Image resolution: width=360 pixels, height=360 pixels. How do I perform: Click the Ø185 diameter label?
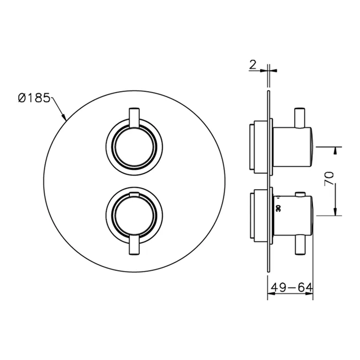coord(34,98)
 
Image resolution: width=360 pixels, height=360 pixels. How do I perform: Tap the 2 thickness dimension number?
coord(253,65)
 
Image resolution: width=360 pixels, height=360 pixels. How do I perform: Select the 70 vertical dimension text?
coord(329,178)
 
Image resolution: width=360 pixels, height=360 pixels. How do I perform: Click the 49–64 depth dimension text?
coord(292,287)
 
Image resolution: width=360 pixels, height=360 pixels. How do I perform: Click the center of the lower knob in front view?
coord(134,216)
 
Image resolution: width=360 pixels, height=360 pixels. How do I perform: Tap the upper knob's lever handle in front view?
coord(134,117)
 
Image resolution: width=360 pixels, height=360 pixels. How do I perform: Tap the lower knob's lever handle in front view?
coord(134,245)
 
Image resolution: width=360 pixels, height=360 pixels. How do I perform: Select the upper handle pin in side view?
coord(300,118)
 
